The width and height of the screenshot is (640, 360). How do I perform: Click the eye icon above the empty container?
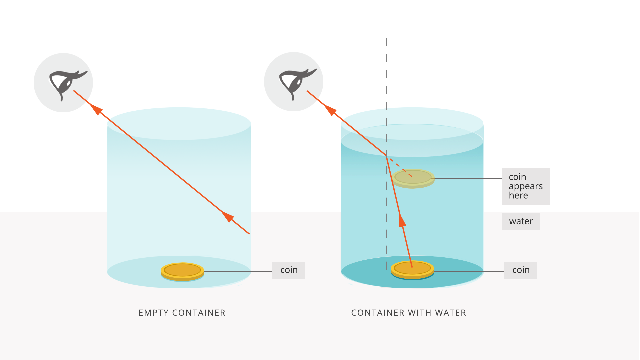click(x=63, y=83)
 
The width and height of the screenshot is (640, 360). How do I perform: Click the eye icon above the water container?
click(x=293, y=82)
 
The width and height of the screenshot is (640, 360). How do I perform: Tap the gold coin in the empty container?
click(x=182, y=271)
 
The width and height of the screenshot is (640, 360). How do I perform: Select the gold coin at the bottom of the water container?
click(x=412, y=269)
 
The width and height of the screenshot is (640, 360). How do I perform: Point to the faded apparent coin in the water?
click(x=413, y=178)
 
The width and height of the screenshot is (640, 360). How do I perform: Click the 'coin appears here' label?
click(x=526, y=186)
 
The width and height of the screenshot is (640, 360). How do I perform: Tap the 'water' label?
click(x=521, y=222)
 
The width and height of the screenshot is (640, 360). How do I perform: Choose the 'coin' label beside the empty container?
click(x=288, y=270)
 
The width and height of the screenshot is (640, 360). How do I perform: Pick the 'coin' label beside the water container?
click(x=520, y=270)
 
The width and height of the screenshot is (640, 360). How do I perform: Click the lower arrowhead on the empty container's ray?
click(x=228, y=216)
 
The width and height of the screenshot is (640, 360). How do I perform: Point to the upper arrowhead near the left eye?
click(x=96, y=109)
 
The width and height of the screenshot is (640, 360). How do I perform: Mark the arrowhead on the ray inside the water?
click(x=402, y=221)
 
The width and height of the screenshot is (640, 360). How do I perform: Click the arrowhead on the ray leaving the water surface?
click(x=330, y=109)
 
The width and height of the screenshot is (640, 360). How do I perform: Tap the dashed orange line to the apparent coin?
click(x=400, y=167)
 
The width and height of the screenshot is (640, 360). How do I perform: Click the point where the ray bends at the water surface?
click(x=386, y=156)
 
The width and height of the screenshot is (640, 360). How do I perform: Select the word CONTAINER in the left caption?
click(x=199, y=313)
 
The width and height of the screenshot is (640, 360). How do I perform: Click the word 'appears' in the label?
click(x=526, y=186)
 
